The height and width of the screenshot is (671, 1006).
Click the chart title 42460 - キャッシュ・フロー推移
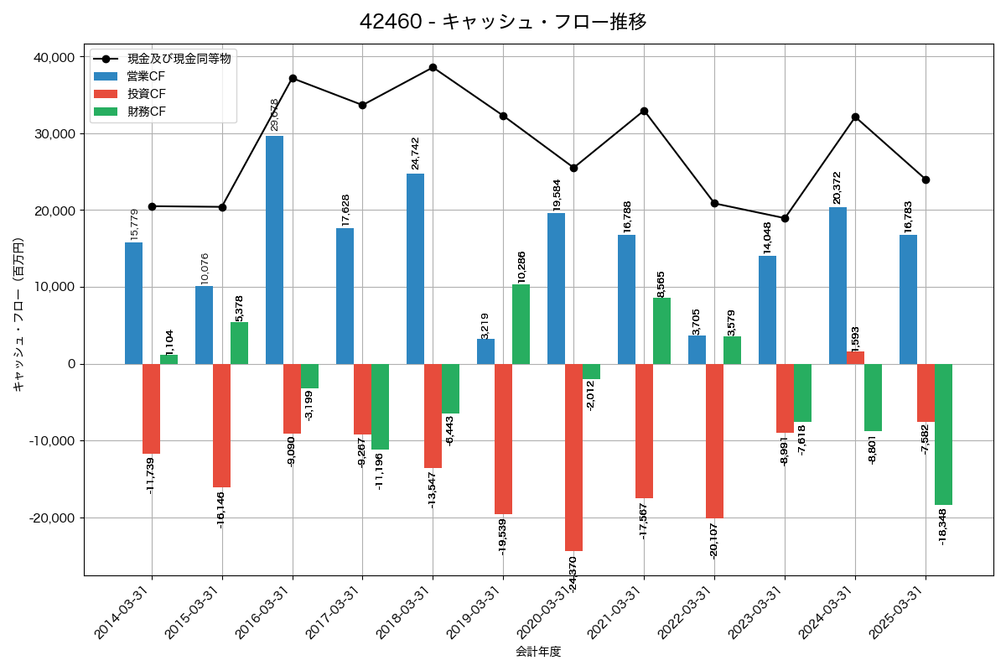503,22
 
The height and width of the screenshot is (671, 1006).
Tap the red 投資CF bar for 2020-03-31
573,457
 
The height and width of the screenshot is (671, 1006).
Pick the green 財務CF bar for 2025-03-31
943,434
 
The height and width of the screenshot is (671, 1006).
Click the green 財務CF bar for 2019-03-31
521,325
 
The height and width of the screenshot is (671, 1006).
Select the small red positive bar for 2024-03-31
855,358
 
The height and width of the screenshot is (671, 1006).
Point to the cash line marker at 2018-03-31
433,67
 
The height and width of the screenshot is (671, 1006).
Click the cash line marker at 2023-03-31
785,218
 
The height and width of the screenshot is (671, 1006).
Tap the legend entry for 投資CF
147,93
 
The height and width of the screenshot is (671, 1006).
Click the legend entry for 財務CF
147,111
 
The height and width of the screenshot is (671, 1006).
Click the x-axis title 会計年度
538,652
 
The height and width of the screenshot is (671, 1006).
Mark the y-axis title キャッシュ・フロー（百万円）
18,315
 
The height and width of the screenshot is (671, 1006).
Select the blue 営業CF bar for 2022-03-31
697,350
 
